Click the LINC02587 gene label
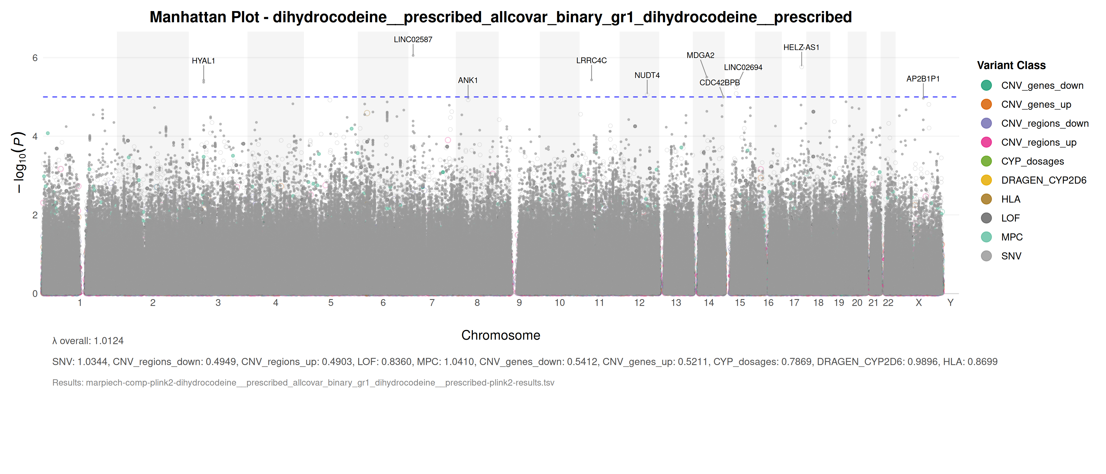tap(413, 39)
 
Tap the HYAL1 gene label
tap(203, 61)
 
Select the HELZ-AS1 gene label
tap(801, 48)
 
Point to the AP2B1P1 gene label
tap(923, 79)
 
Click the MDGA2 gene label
tap(700, 55)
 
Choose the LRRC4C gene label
tap(591, 61)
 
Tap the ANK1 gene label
tap(468, 80)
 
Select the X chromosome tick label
tap(919, 303)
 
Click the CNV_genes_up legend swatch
tap(986, 104)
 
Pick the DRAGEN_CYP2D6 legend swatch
tap(986, 180)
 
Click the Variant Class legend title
tap(1011, 66)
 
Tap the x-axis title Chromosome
tap(501, 335)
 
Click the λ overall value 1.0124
tap(108, 341)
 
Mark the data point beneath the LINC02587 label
tap(413, 55)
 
